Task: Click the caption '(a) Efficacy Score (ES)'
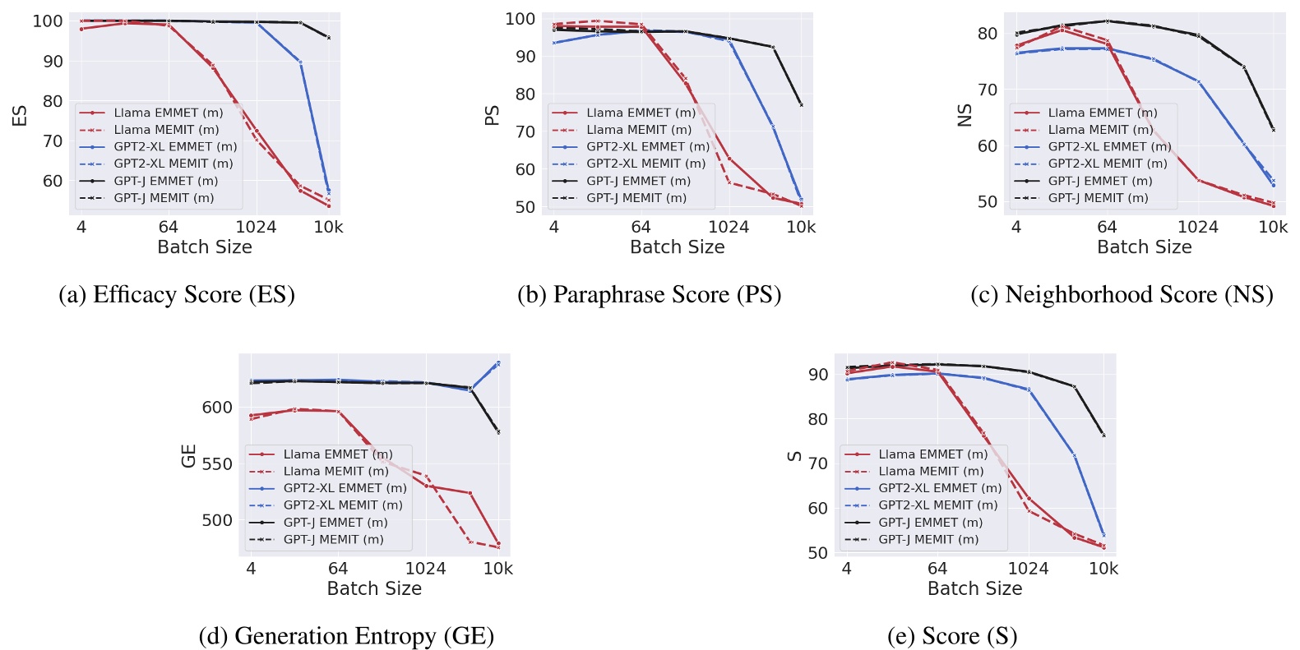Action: (176, 295)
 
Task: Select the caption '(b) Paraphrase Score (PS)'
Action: (649, 295)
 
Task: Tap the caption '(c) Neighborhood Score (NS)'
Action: (1122, 295)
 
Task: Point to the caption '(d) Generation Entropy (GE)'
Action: (346, 636)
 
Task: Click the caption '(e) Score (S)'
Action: (952, 636)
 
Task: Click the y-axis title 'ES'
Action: (20, 116)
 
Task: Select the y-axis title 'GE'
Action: (188, 456)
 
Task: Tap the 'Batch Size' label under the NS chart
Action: (1144, 247)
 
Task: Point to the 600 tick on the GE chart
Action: (217, 408)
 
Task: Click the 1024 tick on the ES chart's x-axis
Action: (256, 228)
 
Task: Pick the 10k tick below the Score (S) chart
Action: (1103, 569)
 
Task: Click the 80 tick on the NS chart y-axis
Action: (987, 34)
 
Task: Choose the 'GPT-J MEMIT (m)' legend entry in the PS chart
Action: (636, 198)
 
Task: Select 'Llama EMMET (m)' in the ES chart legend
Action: (168, 113)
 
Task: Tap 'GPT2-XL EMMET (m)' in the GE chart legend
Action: (345, 488)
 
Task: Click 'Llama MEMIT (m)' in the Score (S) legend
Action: (930, 471)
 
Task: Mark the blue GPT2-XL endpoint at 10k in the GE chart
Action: (497, 362)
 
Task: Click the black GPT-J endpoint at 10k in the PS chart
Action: (801, 104)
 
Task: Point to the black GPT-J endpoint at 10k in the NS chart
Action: (1273, 130)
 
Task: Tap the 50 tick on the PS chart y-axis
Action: (525, 207)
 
